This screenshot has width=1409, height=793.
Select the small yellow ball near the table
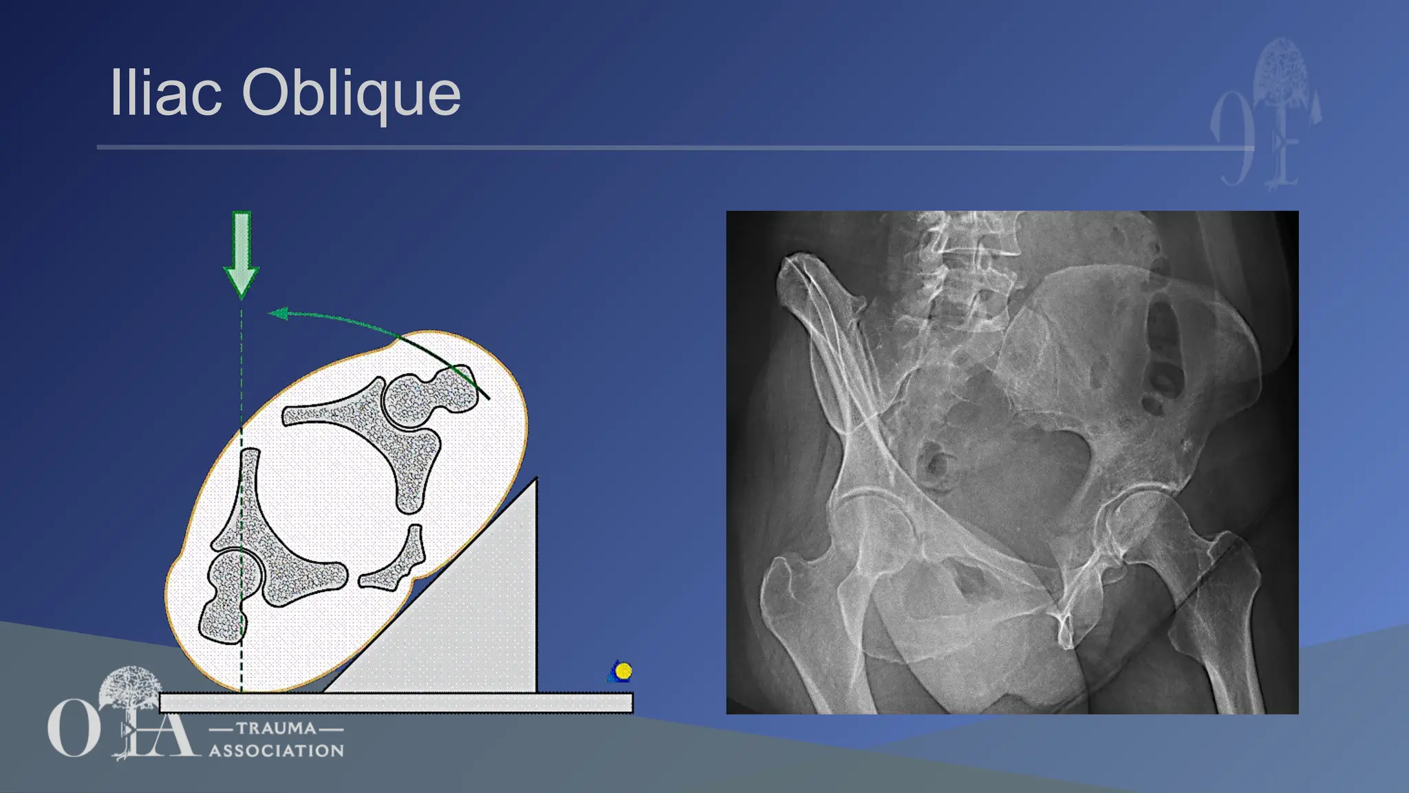pos(623,670)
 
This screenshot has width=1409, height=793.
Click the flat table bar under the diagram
pos(396,703)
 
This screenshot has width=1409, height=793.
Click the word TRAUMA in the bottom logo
pos(276,728)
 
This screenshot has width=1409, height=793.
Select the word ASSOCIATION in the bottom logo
pos(277,750)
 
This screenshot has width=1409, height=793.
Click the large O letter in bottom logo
pos(72,728)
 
